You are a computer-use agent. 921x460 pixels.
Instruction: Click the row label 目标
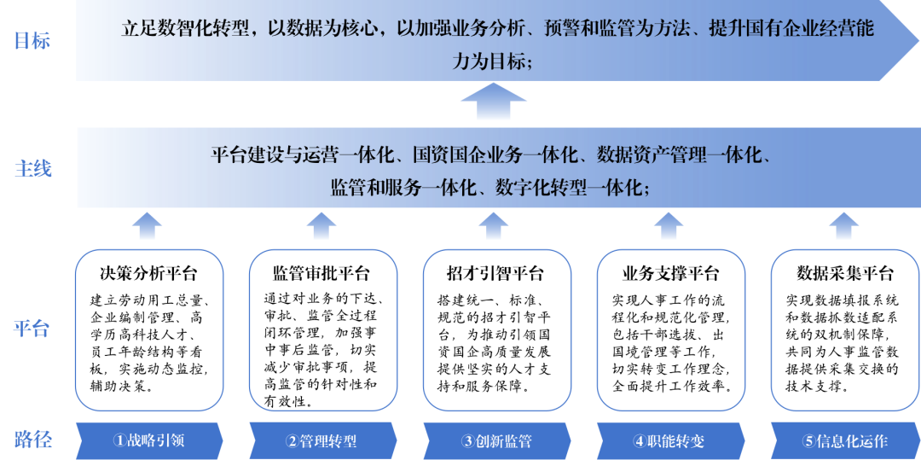[x=32, y=41]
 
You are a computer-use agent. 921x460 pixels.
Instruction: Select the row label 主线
[x=32, y=169]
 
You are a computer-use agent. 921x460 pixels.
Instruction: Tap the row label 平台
[x=32, y=329]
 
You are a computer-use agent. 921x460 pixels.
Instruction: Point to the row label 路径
[x=32, y=440]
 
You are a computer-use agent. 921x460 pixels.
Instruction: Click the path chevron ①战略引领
[x=149, y=440]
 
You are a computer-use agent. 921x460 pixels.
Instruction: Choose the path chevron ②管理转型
[x=322, y=440]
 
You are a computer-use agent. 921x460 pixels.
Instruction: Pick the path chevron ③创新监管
[x=496, y=440]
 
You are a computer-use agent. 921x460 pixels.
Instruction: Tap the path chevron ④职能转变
[x=669, y=440]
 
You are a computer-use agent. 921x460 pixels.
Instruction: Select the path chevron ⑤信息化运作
[x=845, y=440]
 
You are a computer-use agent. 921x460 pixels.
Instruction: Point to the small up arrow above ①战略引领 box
[x=148, y=226]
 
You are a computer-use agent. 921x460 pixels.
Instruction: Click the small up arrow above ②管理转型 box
[x=321, y=226]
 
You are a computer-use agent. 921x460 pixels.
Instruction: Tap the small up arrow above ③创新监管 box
[x=494, y=226]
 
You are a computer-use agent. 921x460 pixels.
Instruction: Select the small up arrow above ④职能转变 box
[x=669, y=226]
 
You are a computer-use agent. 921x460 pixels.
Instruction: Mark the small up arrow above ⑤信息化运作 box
[x=843, y=226]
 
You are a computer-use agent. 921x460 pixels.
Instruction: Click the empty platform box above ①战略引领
[x=149, y=329]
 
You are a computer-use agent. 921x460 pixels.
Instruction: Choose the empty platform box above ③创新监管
[x=496, y=329]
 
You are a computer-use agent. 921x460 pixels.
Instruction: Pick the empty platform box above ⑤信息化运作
[x=844, y=329]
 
